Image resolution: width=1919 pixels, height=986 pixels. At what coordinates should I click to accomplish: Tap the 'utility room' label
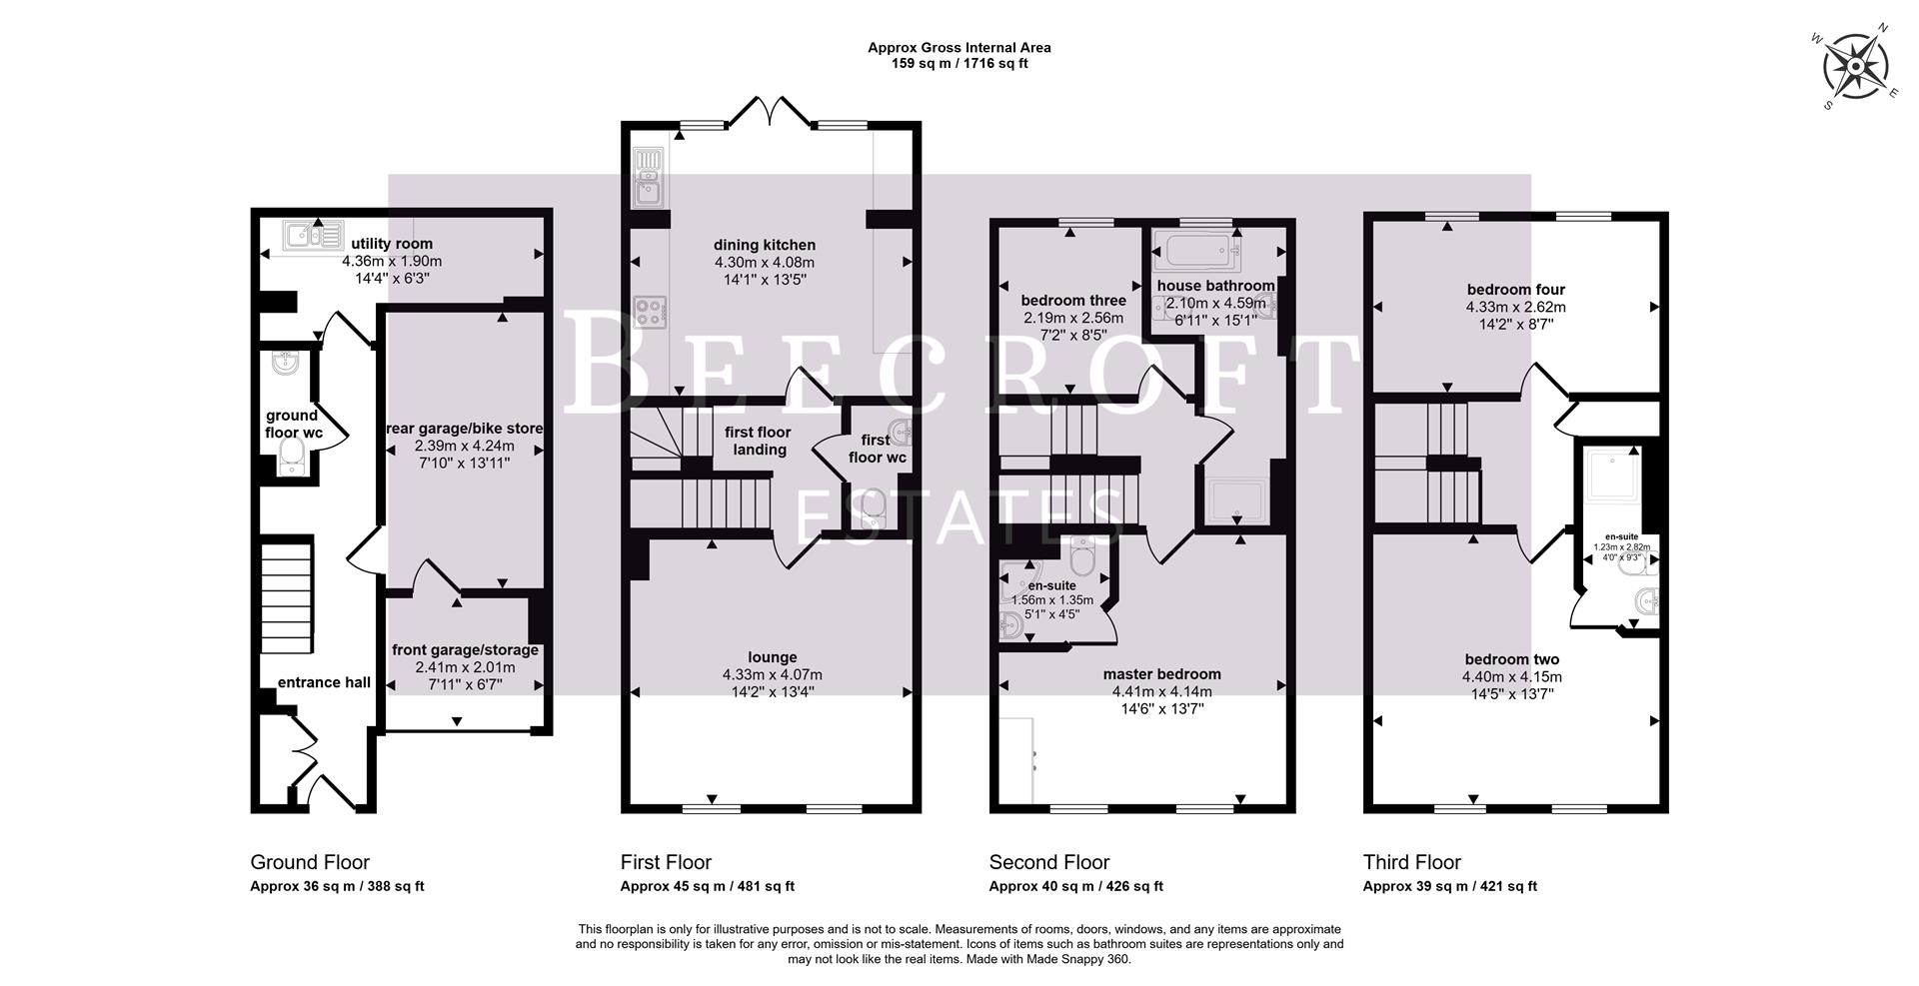392,244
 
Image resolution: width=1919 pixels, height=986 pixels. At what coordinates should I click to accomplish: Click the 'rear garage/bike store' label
465,429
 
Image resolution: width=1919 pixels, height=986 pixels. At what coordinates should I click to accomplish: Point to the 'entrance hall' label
324,682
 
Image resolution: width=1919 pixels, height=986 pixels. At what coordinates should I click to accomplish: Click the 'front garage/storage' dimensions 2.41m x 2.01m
465,667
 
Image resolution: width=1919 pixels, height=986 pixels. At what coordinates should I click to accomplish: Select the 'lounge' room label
773,657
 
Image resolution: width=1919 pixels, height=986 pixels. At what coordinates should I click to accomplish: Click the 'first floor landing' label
758,441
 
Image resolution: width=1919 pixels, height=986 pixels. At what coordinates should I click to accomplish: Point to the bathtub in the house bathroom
1196,250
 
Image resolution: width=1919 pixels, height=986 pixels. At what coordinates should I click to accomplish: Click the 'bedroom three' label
1073,300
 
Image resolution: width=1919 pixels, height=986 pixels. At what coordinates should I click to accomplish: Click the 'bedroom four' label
1515,291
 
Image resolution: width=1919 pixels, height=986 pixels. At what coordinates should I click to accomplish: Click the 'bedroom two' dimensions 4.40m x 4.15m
1511,676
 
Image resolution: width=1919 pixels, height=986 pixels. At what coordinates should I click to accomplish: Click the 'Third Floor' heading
1411,862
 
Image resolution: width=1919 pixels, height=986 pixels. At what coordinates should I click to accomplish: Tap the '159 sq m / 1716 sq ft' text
959,64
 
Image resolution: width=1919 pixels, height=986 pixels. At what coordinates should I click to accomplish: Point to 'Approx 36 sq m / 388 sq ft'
337,886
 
